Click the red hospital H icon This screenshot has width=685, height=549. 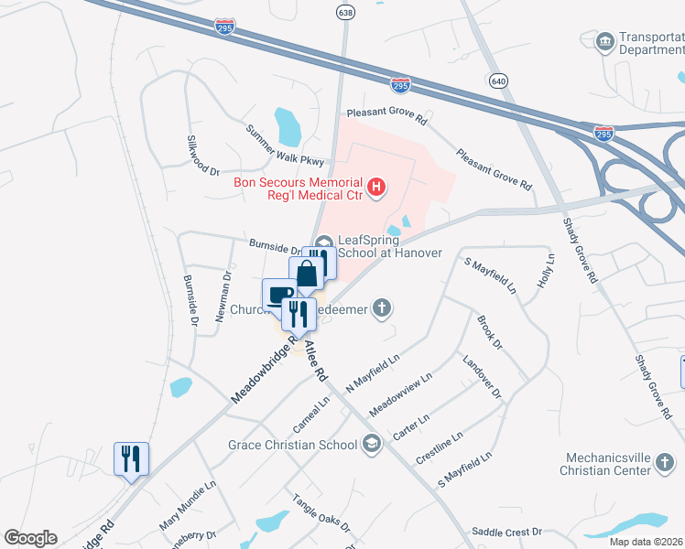point(375,188)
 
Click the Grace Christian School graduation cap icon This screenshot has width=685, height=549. point(370,445)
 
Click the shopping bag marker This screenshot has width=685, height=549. point(307,274)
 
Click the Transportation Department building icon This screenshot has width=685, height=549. point(604,42)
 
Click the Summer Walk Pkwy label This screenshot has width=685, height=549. point(285,145)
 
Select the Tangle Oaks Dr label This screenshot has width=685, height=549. point(321,513)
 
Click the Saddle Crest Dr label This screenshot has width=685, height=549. point(506,532)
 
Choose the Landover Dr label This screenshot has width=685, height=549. point(483,377)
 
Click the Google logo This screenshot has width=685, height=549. point(30,538)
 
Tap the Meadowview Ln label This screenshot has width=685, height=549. point(399,393)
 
